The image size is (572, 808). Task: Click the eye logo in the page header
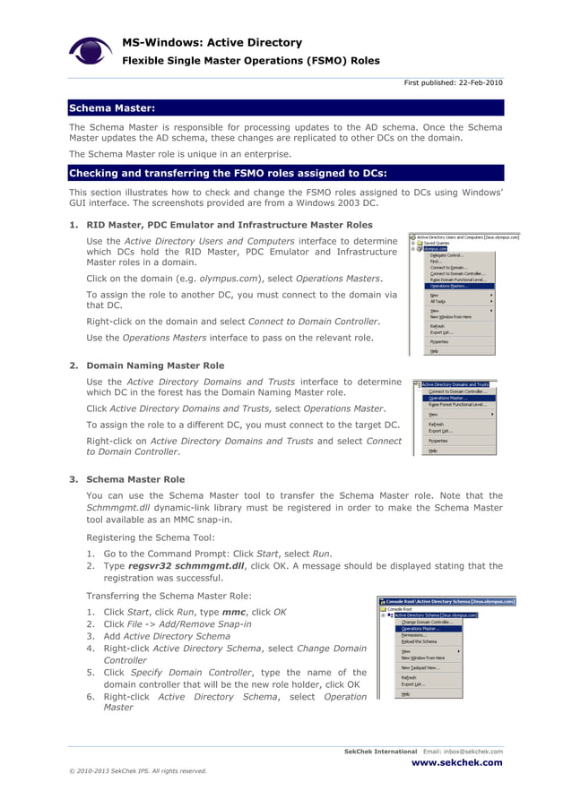tap(91, 51)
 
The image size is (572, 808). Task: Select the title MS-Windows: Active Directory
tap(212, 42)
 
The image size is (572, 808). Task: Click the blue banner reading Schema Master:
tap(113, 108)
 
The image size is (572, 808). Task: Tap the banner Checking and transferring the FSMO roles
tap(229, 173)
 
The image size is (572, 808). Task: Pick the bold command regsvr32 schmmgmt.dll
tap(185, 566)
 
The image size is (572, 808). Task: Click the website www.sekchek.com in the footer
tap(456, 763)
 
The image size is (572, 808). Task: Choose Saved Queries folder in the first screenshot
tap(436, 243)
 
